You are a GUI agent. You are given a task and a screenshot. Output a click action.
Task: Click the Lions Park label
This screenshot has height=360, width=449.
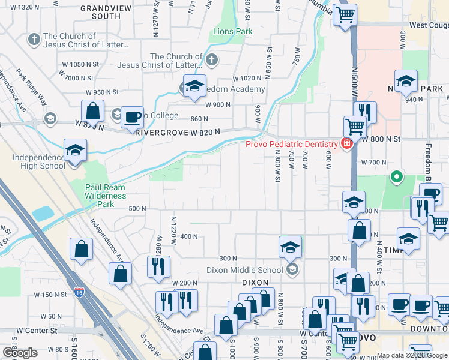click(x=229, y=31)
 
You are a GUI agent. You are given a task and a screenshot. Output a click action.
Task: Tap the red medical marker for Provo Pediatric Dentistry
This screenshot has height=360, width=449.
click(x=346, y=143)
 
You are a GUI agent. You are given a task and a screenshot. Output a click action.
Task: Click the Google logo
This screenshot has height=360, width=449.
click(x=20, y=353)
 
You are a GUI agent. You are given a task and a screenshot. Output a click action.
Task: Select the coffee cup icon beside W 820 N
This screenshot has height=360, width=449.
click(x=132, y=118)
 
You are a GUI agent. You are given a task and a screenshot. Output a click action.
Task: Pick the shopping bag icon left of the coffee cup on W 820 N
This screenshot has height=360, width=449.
click(x=93, y=112)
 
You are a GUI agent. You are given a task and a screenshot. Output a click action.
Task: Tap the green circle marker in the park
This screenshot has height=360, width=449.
click(x=396, y=177)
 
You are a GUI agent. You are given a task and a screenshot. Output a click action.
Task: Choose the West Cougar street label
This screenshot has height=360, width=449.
click(x=429, y=26)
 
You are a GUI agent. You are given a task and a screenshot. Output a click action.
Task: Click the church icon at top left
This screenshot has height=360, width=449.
click(x=34, y=40)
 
